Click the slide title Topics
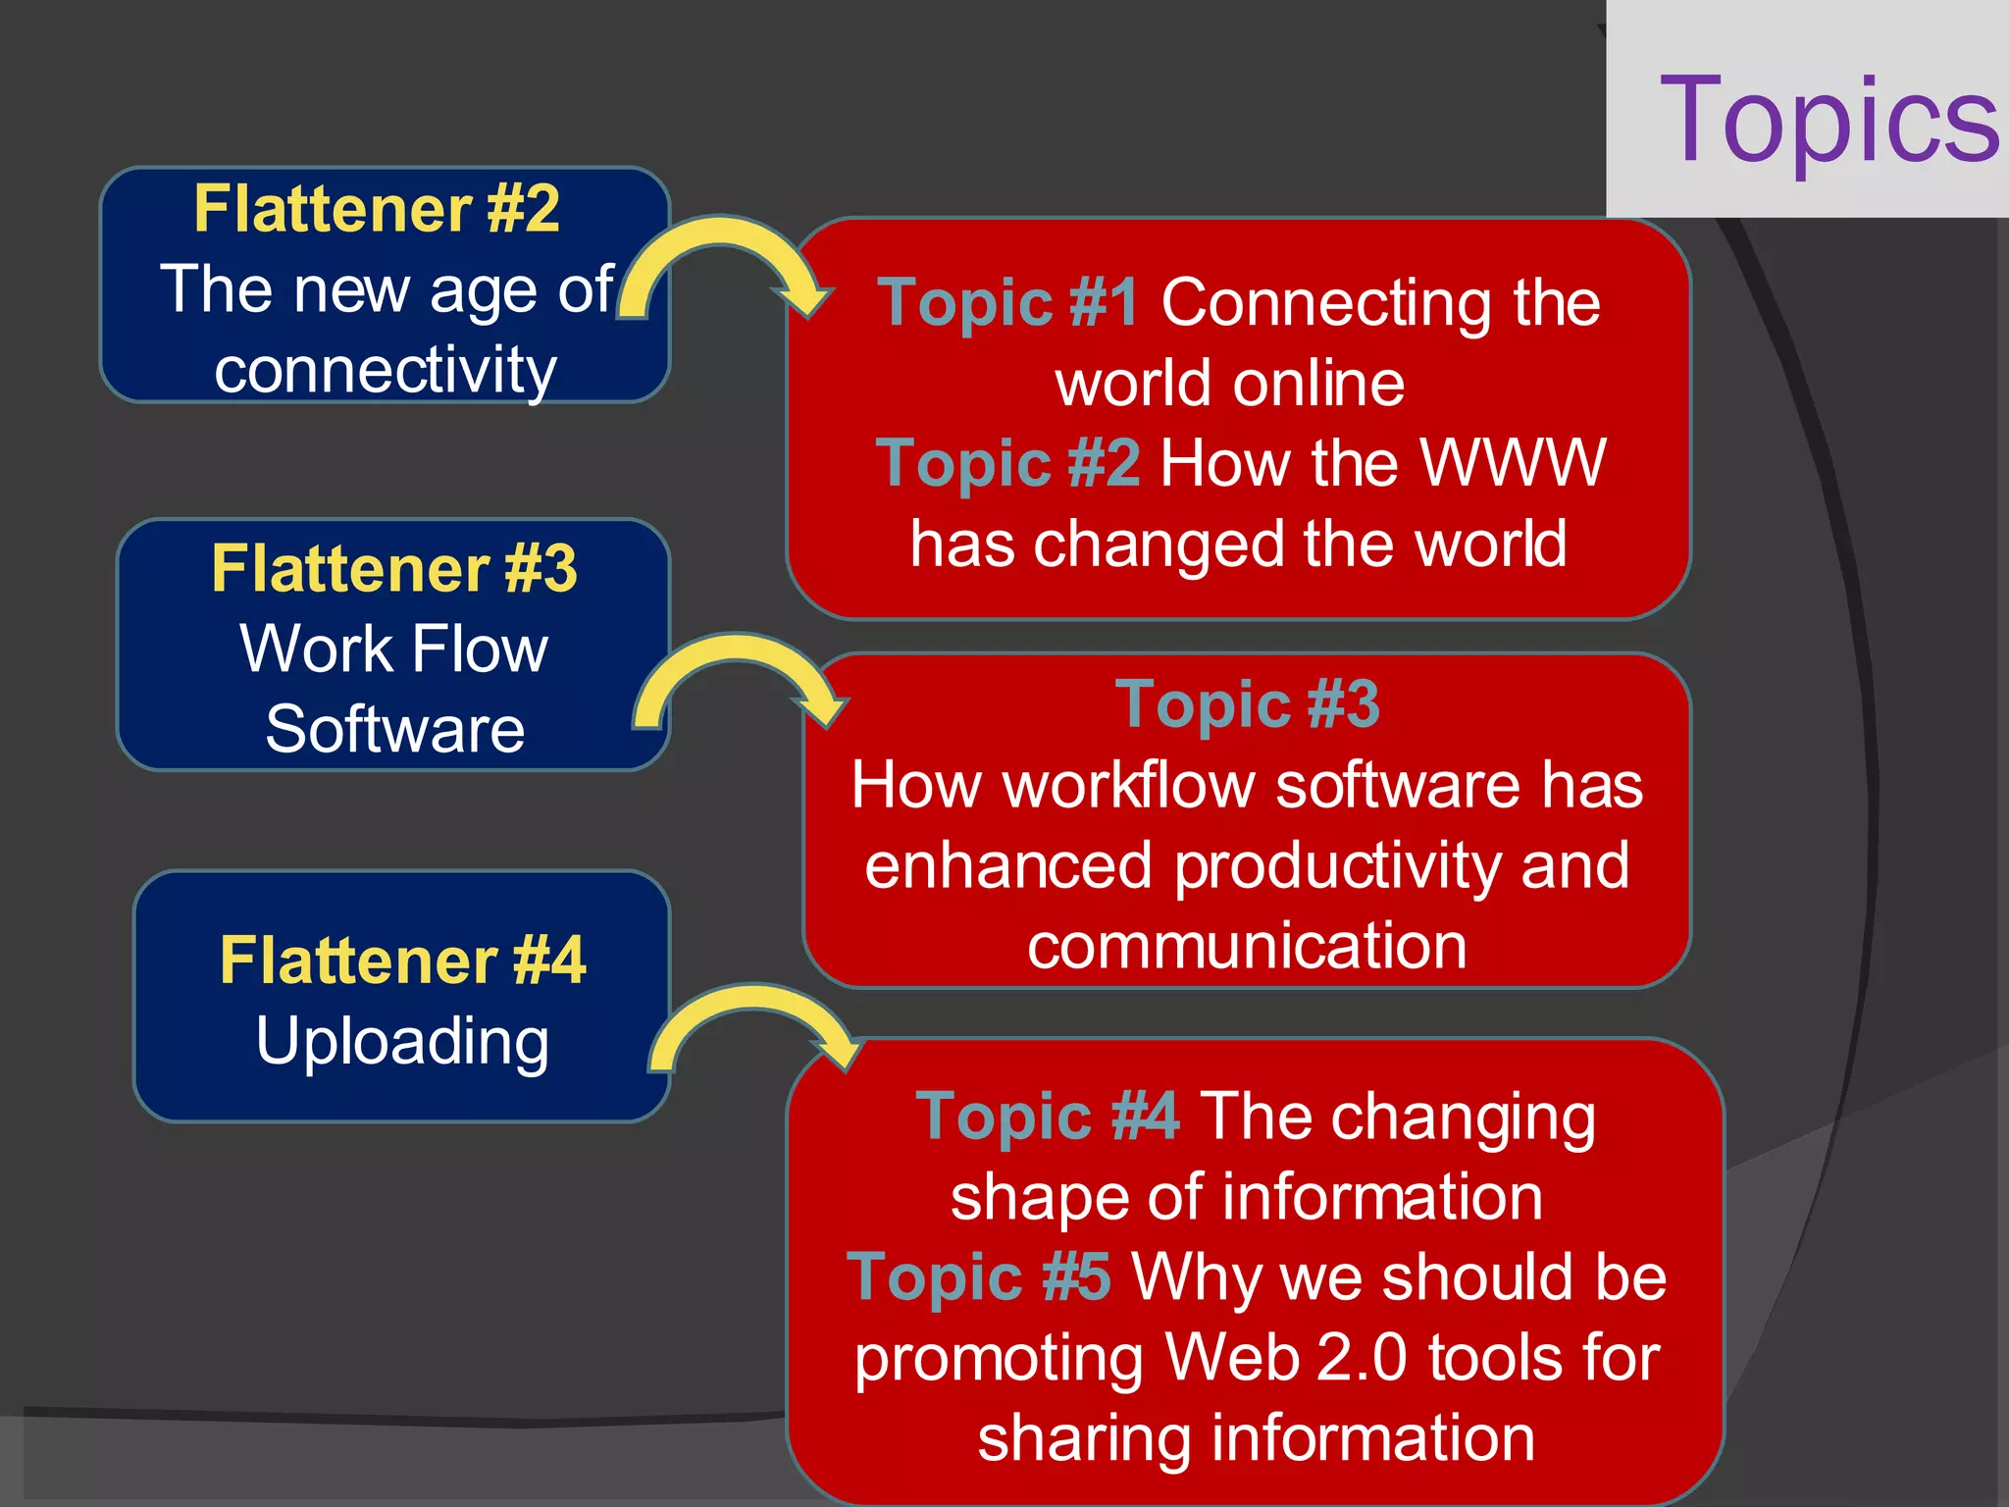1828,121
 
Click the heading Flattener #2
377,209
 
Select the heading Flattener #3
394,569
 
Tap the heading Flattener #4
403,960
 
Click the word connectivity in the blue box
386,371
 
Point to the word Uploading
402,1041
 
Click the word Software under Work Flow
394,730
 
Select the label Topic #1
1008,303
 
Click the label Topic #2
1007,463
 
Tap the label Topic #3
1247,704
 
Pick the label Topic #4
1047,1117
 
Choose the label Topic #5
979,1277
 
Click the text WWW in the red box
1512,463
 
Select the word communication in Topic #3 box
1247,947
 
